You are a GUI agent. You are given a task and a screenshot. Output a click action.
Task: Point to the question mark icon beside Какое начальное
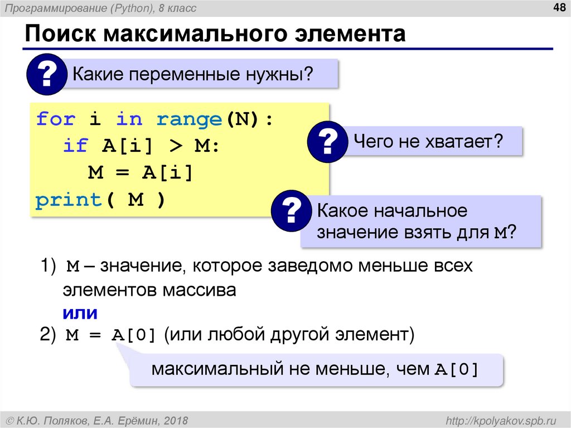[292, 212]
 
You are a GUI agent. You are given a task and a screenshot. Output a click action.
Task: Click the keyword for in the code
[55, 119]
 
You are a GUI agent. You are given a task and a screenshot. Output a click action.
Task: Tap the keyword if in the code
[75, 146]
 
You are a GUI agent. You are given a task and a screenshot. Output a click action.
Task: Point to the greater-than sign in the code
[175, 146]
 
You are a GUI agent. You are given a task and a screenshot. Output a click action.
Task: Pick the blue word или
[79, 314]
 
